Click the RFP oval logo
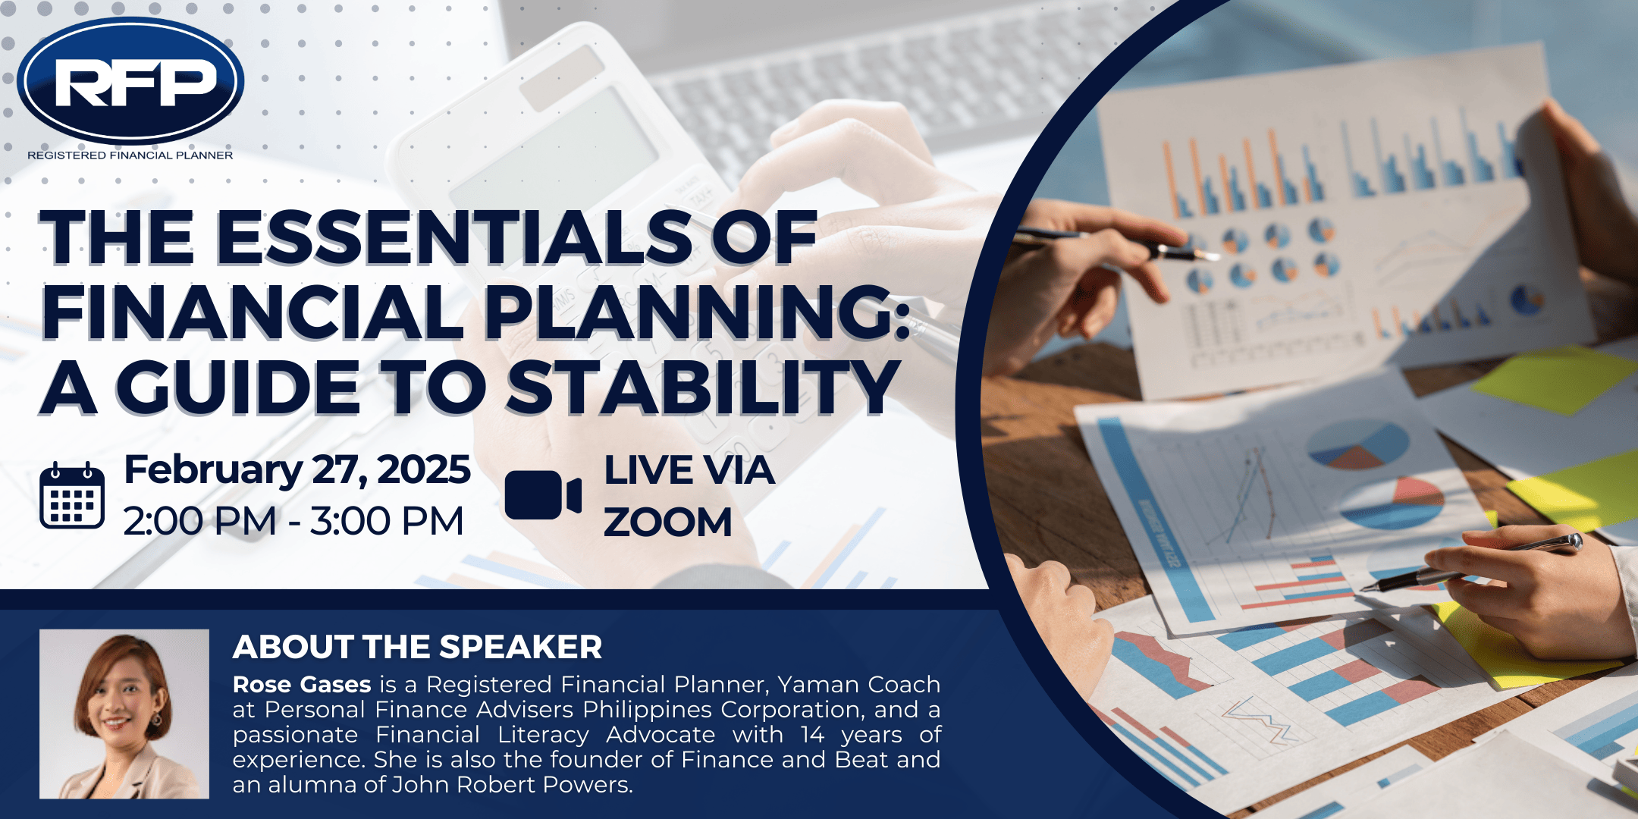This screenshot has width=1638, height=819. click(130, 80)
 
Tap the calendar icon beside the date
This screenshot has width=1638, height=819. click(72, 494)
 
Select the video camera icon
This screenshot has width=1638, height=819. click(543, 495)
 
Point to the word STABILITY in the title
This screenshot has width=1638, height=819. click(703, 388)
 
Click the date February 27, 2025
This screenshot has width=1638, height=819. click(297, 469)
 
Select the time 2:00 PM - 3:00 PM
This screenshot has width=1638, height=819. click(293, 522)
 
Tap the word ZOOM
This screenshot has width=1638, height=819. click(668, 522)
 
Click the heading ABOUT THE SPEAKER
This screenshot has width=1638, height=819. click(417, 647)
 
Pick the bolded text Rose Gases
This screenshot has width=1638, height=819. click(302, 685)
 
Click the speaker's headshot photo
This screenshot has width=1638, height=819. click(124, 714)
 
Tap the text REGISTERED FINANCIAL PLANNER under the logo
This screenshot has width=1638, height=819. click(130, 155)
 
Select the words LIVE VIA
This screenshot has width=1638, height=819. click(689, 470)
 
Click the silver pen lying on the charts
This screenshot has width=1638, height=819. click(1471, 562)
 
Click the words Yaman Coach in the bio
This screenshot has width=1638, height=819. click(859, 685)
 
